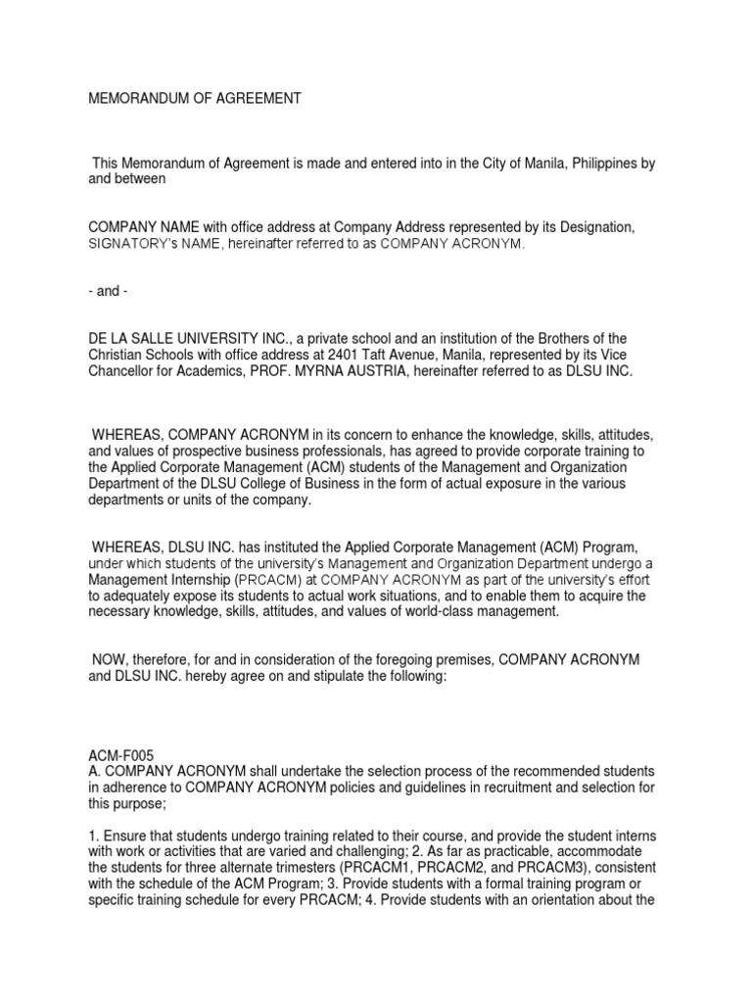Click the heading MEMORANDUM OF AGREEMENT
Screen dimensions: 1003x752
pos(196,99)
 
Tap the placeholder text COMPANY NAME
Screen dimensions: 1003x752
pos(144,227)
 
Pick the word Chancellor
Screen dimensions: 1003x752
pos(122,371)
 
